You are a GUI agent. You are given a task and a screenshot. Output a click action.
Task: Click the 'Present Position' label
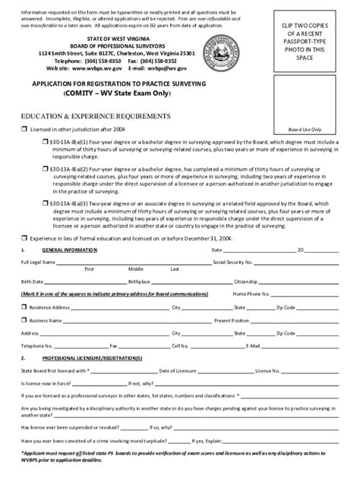(233, 320)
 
